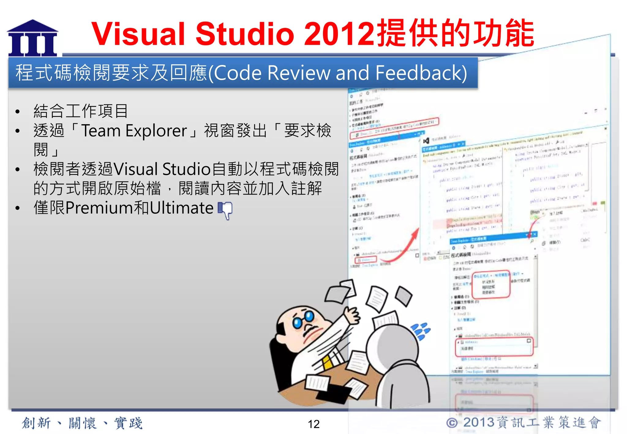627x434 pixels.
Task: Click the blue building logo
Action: (x=32, y=38)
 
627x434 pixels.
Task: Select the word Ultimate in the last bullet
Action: (x=182, y=208)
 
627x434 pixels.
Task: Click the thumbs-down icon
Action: (x=225, y=210)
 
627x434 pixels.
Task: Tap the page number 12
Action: (x=313, y=424)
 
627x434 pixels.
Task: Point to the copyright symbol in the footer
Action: (x=452, y=423)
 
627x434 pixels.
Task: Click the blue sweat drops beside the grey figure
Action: (x=421, y=331)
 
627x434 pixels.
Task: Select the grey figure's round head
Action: (x=392, y=347)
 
